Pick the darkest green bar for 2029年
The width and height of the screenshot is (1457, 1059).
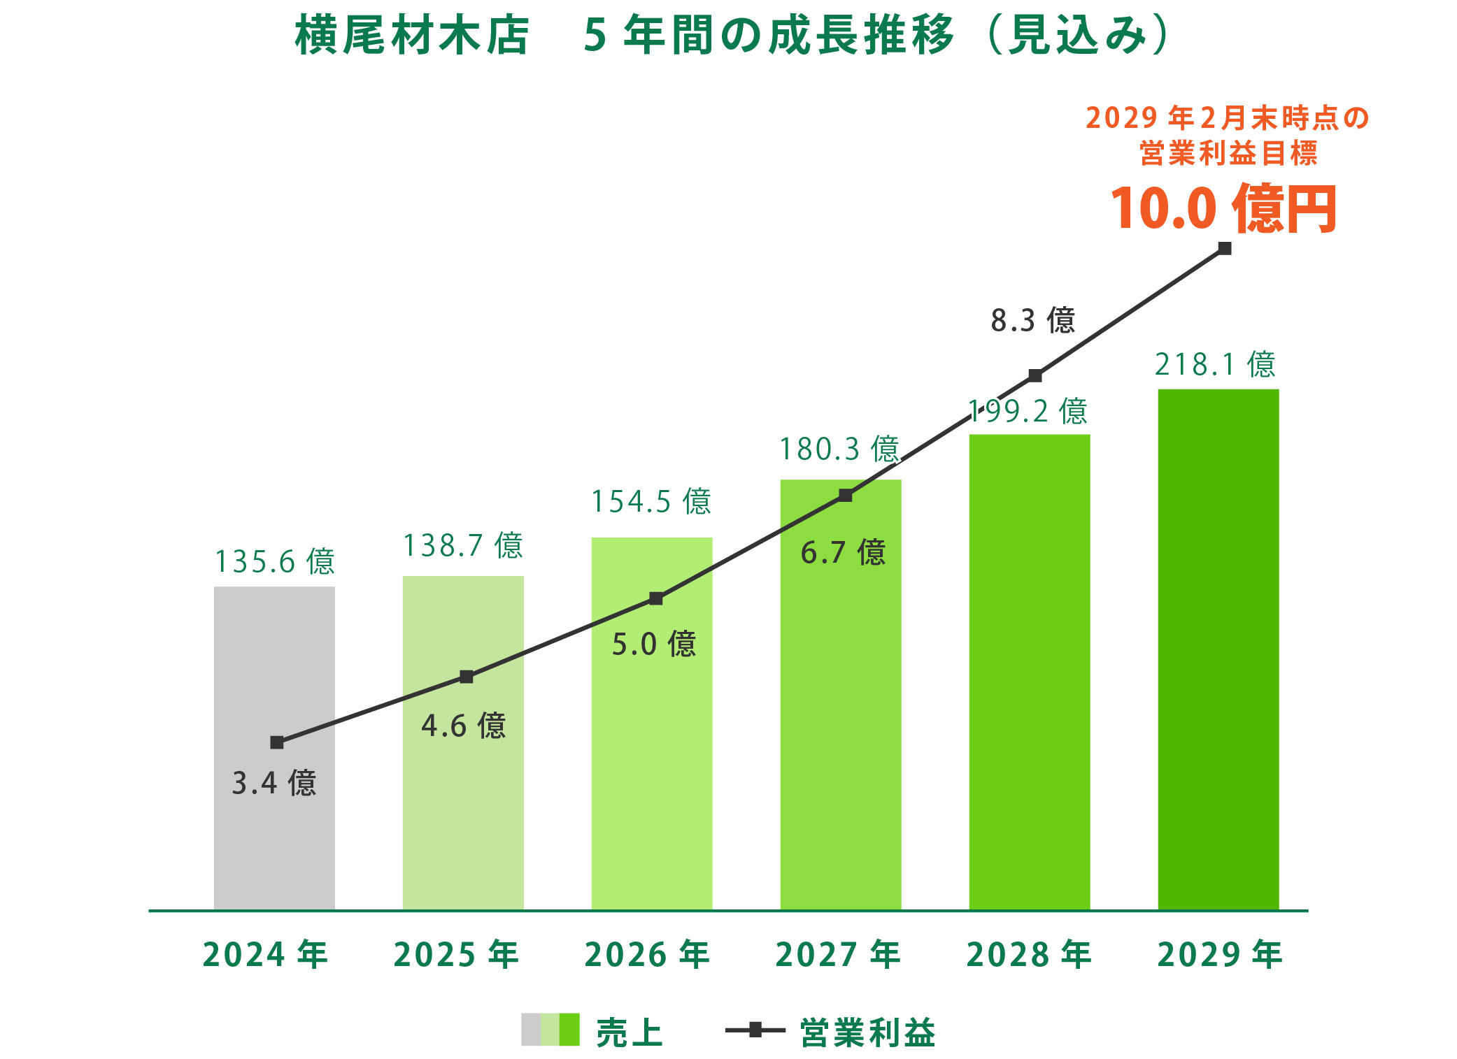1218,650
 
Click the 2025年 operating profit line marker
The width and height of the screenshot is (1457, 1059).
467,677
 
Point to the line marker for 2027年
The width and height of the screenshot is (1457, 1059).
845,496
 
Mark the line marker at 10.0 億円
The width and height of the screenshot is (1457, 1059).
1224,249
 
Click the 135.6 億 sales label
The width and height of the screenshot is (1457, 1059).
274,561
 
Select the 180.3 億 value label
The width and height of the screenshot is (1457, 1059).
839,449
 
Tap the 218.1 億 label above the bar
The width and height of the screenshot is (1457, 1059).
1215,364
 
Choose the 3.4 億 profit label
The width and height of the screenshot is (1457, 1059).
274,783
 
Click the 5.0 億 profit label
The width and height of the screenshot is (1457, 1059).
654,644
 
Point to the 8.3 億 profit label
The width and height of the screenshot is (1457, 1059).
1032,320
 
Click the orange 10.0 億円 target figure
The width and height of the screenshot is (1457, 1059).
1223,208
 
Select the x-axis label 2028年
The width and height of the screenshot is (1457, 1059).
1029,955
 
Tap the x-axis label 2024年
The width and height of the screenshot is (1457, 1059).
265,955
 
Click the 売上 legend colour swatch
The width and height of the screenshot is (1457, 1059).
550,1030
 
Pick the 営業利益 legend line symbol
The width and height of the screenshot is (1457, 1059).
755,1030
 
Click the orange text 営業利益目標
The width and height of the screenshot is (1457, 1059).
1228,154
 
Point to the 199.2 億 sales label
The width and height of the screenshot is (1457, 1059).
1028,411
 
